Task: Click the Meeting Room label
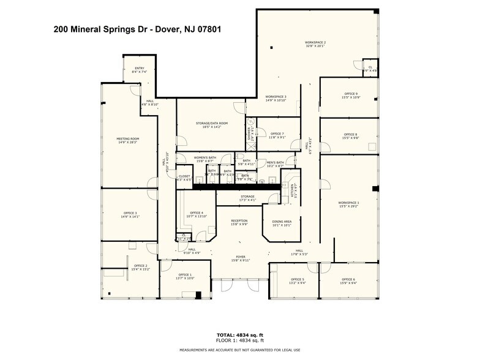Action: pyautogui.click(x=128, y=139)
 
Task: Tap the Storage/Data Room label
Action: pyautogui.click(x=212, y=123)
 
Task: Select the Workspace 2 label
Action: pyautogui.click(x=315, y=43)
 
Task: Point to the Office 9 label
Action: pyautogui.click(x=351, y=94)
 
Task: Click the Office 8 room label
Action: pyautogui.click(x=351, y=134)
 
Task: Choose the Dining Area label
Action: pyautogui.click(x=282, y=222)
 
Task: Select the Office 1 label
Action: pyautogui.click(x=185, y=275)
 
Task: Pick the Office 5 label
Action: pyautogui.click(x=297, y=279)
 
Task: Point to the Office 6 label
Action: pyautogui.click(x=348, y=279)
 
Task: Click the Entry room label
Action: pyautogui.click(x=139, y=68)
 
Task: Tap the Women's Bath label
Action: pyautogui.click(x=205, y=158)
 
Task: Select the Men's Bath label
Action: pyautogui.click(x=276, y=163)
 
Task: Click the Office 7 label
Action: pyautogui.click(x=277, y=134)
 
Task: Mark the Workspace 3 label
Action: pyautogui.click(x=276, y=97)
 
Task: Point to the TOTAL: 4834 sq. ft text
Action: pyautogui.click(x=240, y=334)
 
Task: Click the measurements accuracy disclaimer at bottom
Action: pyautogui.click(x=240, y=350)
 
